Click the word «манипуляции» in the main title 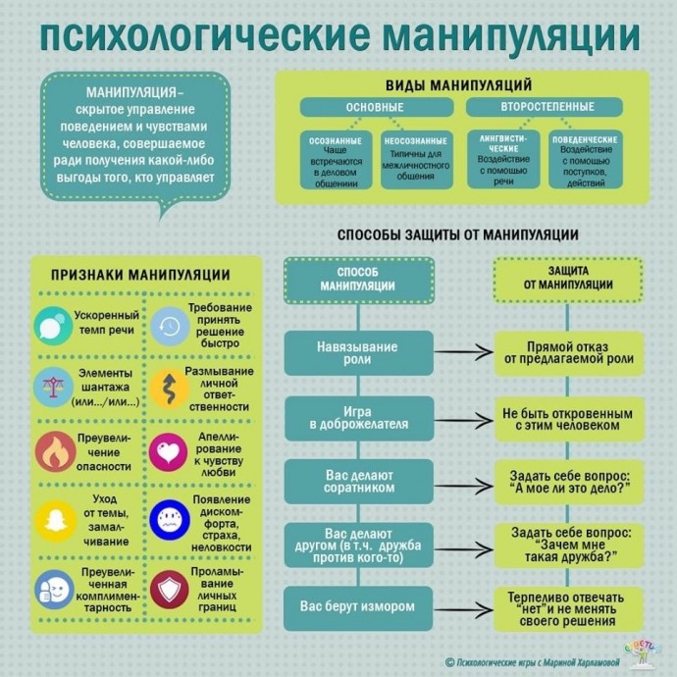(511, 36)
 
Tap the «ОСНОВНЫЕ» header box (377, 107)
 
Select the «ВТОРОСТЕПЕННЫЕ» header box (544, 107)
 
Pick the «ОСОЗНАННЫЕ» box (336, 160)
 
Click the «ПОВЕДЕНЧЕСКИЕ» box (586, 159)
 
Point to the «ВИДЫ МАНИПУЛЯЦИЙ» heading (458, 85)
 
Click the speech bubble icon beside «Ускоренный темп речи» (53, 326)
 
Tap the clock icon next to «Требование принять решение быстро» (170, 327)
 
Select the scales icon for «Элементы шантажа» (54, 388)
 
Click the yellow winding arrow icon (170, 389)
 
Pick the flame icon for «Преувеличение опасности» (55, 451)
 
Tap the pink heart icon (169, 452)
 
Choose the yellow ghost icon (55, 521)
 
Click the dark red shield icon (170, 590)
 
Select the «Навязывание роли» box (358, 353)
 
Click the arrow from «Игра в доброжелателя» (463, 420)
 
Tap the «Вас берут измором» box (358, 608)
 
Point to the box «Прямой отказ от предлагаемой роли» (569, 353)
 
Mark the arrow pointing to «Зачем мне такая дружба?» (463, 549)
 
